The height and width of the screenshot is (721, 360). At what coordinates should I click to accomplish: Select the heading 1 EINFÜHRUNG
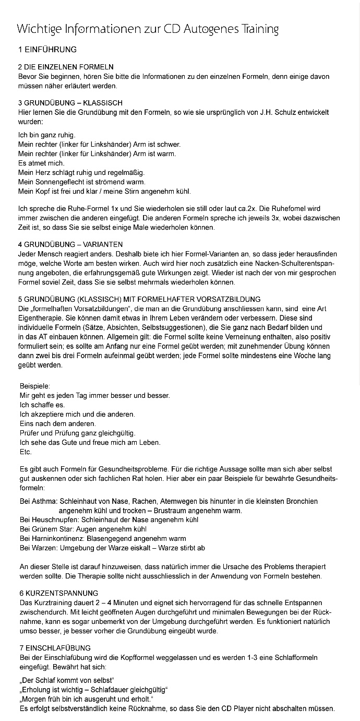(x=47, y=50)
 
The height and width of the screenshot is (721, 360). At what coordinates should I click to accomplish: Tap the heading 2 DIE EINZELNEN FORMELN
(x=66, y=67)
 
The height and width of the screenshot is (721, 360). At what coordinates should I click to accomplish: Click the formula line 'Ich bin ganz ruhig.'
(x=47, y=135)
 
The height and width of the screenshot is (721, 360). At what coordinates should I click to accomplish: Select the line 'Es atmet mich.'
(x=41, y=163)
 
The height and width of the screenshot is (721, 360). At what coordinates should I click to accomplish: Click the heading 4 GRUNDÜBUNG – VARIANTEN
(x=70, y=244)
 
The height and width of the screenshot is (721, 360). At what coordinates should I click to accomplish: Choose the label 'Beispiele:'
(x=35, y=386)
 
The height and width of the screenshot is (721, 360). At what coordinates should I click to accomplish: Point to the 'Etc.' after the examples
(x=26, y=452)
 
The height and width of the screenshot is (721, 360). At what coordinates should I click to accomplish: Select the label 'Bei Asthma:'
(x=39, y=501)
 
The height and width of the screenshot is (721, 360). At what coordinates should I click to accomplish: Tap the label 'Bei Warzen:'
(x=39, y=548)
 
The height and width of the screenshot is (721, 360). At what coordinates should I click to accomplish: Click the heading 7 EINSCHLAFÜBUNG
(x=54, y=648)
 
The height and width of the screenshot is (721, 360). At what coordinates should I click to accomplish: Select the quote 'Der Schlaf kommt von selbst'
(x=67, y=680)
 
